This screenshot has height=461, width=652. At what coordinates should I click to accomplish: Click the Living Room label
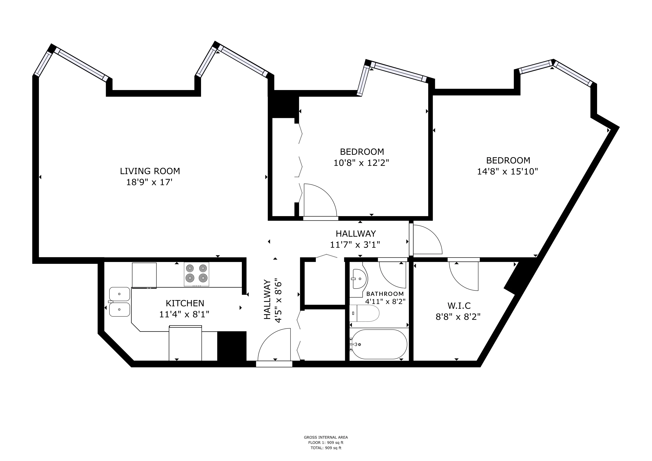coord(150,171)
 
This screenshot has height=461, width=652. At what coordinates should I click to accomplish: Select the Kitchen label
coord(185,303)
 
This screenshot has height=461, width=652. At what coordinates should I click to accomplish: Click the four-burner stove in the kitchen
coord(197,274)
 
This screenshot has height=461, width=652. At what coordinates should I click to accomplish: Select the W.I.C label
coord(459,306)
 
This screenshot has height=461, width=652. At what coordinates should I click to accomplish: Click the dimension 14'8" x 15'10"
coord(507,172)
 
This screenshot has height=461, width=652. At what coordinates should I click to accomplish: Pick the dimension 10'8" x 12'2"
coord(361,163)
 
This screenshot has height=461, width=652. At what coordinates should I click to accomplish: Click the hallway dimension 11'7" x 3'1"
coord(355,245)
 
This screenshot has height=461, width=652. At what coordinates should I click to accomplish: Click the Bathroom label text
coord(385,294)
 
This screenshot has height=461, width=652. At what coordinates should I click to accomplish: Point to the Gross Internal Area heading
coord(326,437)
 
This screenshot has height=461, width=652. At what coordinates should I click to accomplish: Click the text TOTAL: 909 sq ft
coord(326,448)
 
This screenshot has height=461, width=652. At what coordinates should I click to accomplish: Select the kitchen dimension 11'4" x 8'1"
coord(184,314)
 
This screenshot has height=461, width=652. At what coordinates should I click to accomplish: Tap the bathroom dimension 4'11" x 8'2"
coord(385,301)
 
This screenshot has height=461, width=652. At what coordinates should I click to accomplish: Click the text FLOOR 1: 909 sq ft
coord(326,443)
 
